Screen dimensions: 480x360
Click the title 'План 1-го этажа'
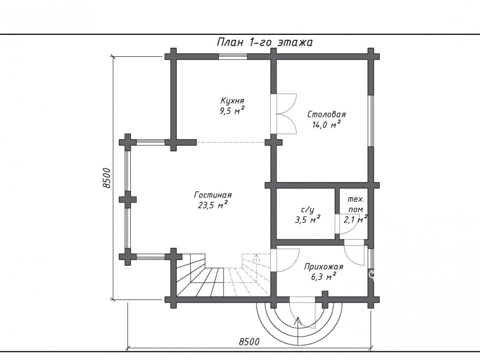coord(265,42)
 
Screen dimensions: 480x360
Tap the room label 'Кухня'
coord(232,100)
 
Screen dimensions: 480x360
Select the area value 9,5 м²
coord(232,110)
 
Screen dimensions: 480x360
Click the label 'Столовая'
coord(326,115)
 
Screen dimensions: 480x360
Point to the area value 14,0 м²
coord(326,124)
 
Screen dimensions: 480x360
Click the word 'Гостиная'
coord(213,195)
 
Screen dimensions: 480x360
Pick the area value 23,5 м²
coord(213,205)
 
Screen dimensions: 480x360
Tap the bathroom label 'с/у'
coord(308,210)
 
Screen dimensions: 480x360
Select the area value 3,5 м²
coord(308,220)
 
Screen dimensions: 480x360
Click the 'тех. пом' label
coord(355,204)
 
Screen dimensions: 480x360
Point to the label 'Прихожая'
coord(323,267)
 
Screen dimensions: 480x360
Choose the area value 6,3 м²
coord(323,277)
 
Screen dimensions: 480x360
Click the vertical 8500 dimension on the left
coord(107,178)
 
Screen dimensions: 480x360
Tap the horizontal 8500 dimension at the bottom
coord(249,342)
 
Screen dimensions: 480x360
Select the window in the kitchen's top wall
coord(233,56)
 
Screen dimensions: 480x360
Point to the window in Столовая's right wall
coord(371,120)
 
